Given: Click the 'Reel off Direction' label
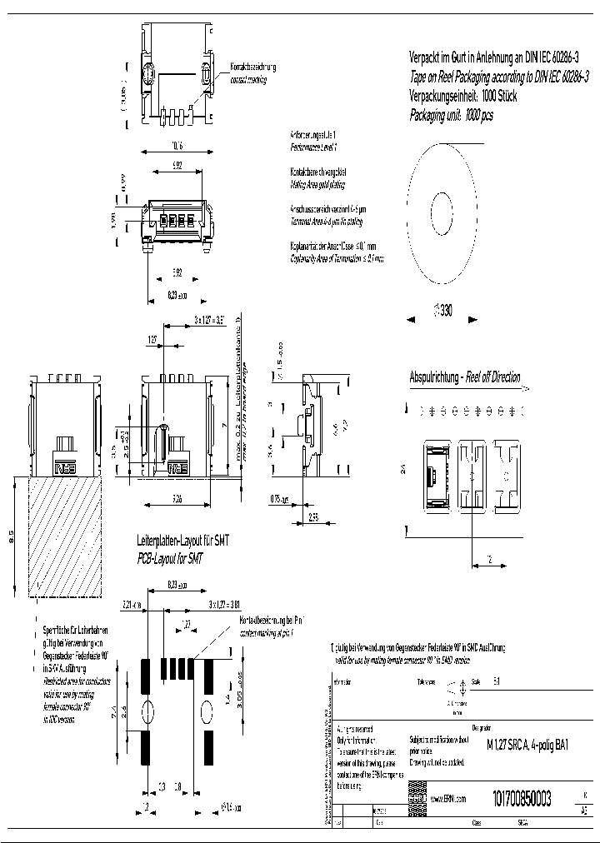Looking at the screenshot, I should point(492,377).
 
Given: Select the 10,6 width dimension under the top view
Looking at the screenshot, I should point(177,146).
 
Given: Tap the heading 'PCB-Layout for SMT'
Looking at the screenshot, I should point(172,556).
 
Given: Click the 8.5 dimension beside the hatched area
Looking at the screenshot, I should point(12,537).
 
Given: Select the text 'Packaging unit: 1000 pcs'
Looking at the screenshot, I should point(451,117).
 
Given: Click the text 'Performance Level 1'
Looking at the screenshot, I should point(313,146).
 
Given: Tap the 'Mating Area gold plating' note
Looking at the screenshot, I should point(317,183).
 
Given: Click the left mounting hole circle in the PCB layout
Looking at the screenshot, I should point(147,712).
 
